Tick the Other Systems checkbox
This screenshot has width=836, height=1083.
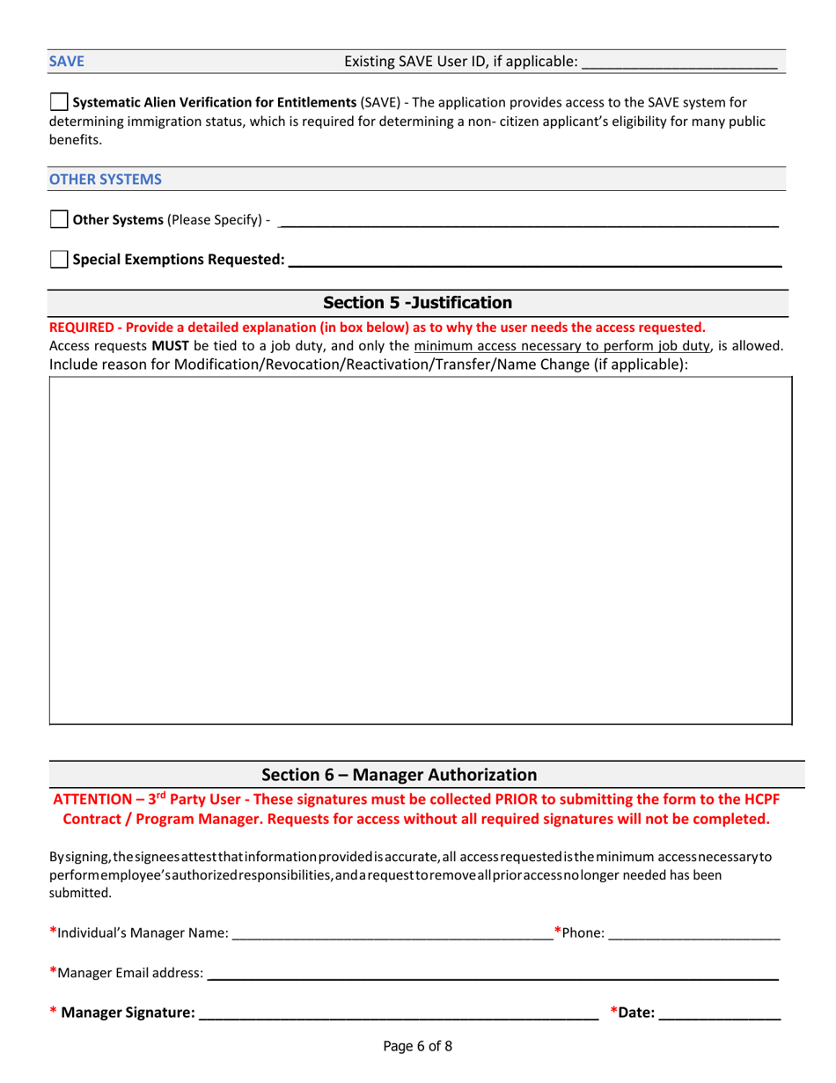pyautogui.click(x=58, y=219)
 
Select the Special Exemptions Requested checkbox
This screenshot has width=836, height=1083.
pyautogui.click(x=58, y=259)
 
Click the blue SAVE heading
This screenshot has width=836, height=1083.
pyautogui.click(x=62, y=62)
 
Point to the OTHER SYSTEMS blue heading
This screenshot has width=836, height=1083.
pyautogui.click(x=106, y=179)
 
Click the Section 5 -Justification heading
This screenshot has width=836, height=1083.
pyautogui.click(x=417, y=303)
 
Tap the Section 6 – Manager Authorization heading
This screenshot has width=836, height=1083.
pyautogui.click(x=399, y=775)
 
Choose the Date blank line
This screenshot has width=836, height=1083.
pyautogui.click(x=719, y=1014)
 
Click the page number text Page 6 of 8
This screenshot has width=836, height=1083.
pyautogui.click(x=417, y=1047)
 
